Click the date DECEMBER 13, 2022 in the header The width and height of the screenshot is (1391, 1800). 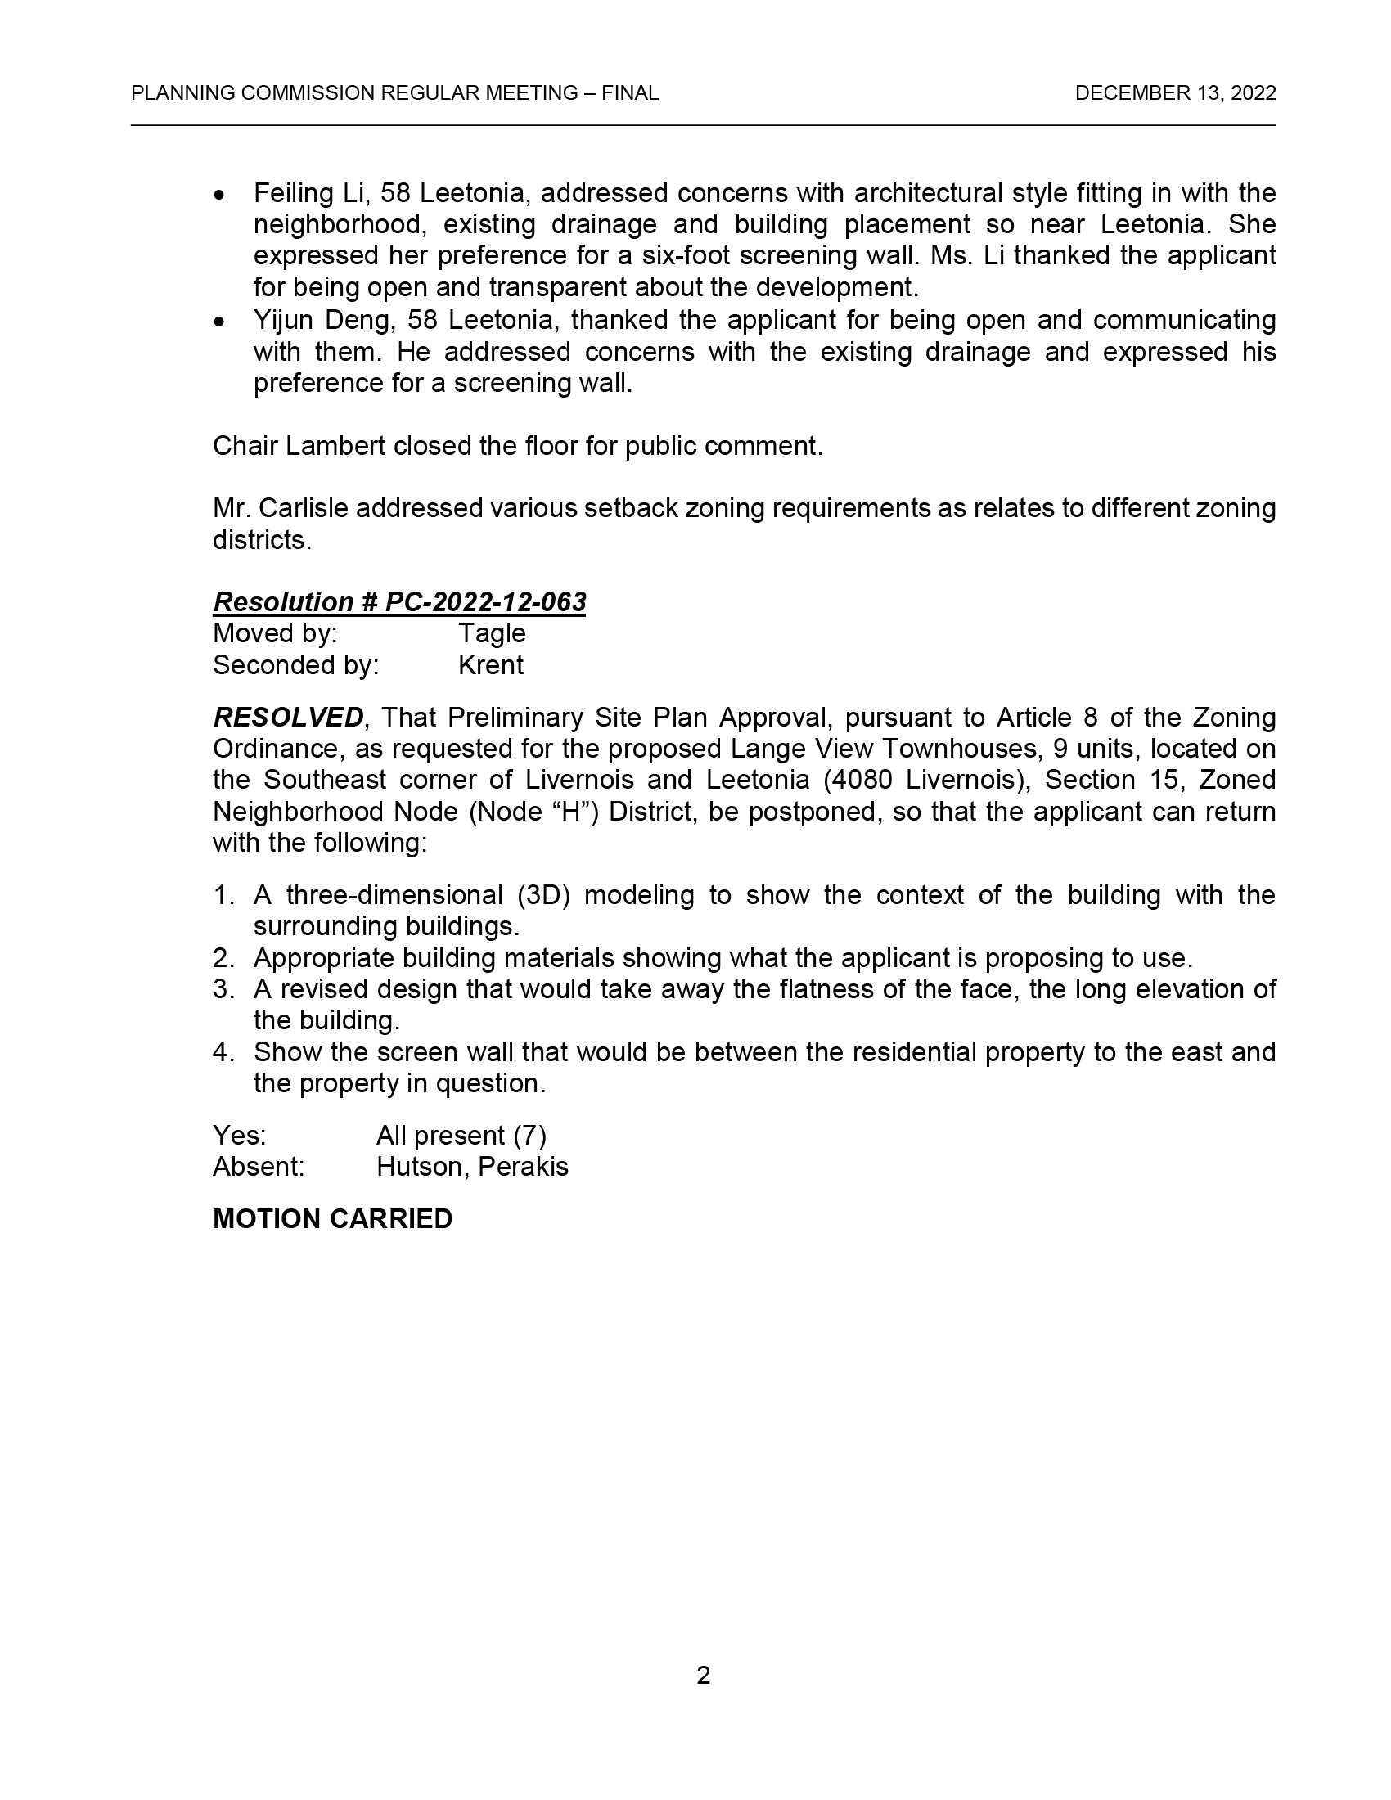click(x=1175, y=93)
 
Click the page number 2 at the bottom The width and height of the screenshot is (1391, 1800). click(x=703, y=1675)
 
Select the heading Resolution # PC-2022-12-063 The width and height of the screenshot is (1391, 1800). click(x=398, y=601)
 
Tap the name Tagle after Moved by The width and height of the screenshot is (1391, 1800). click(x=491, y=633)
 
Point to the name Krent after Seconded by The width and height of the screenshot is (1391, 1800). click(x=490, y=664)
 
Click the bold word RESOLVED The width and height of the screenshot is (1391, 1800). click(x=287, y=717)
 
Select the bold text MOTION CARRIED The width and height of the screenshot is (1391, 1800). click(x=332, y=1218)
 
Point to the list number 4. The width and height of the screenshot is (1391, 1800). click(x=222, y=1051)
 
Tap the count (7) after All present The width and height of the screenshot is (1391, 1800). click(x=530, y=1136)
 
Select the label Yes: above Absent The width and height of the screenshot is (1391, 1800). click(x=239, y=1136)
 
